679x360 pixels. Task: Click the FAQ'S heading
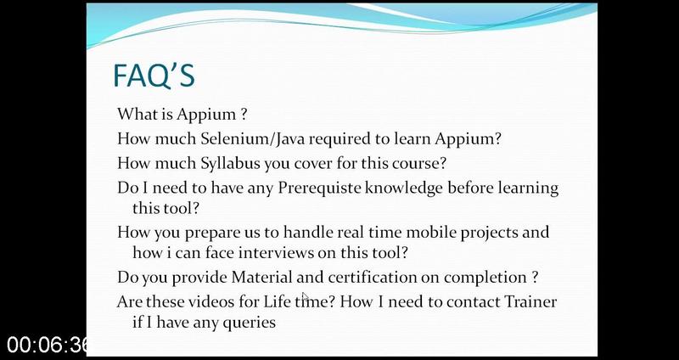154,76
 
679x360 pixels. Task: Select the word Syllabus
230,164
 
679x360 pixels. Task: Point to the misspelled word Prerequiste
321,188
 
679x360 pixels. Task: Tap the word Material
262,278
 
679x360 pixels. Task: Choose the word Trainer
531,301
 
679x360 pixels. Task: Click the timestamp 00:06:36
47,346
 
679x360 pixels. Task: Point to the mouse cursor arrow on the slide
306,297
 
